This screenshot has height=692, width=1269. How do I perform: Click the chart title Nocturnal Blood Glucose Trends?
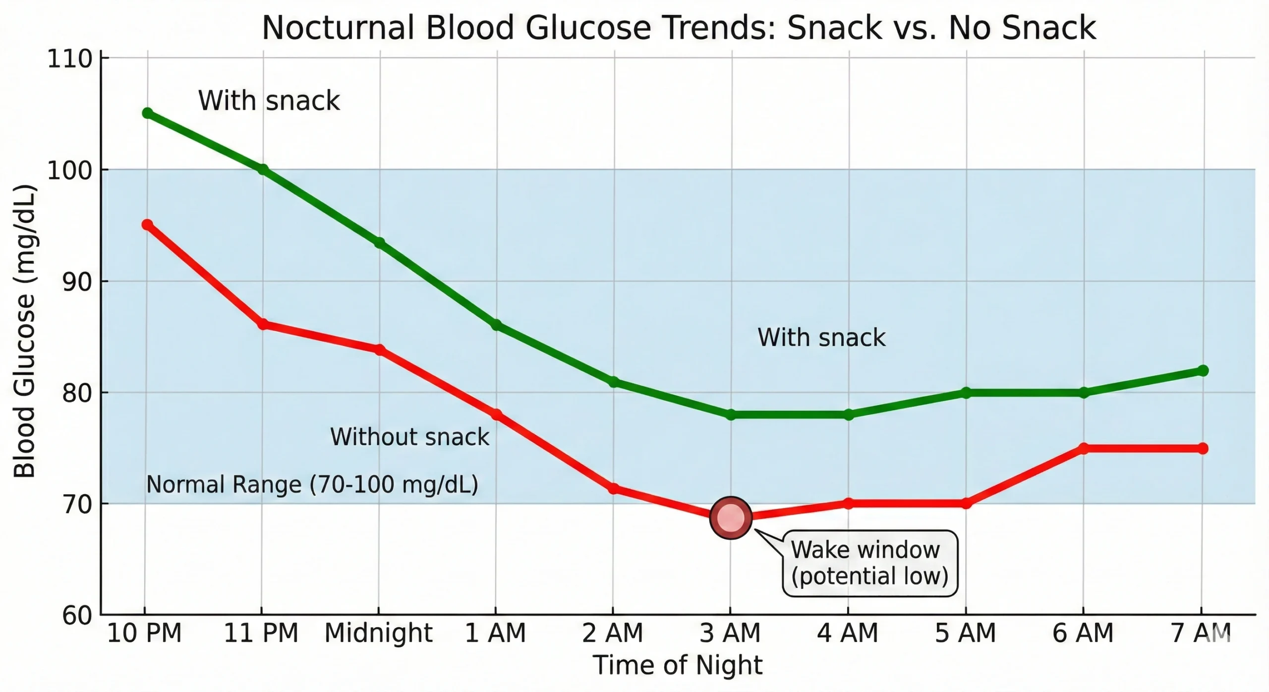click(x=678, y=28)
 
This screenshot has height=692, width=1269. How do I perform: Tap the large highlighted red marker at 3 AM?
click(x=731, y=518)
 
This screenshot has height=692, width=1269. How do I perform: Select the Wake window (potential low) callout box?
click(x=869, y=563)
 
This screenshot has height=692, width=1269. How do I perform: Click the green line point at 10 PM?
click(x=147, y=113)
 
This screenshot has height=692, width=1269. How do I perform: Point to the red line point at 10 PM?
click(x=147, y=225)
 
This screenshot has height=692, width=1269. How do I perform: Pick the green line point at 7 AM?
click(x=1203, y=371)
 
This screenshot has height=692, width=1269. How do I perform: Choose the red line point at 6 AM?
click(x=1084, y=448)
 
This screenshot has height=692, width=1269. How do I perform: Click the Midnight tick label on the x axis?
click(x=378, y=633)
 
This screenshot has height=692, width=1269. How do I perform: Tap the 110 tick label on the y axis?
click(x=70, y=59)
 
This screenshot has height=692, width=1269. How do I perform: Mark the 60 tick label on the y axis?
click(x=77, y=616)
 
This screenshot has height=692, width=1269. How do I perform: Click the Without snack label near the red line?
click(x=409, y=437)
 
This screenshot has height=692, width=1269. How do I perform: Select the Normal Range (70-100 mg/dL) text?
click(x=312, y=484)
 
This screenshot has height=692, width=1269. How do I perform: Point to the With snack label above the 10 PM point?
click(x=269, y=101)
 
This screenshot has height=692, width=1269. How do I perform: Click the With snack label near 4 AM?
click(x=821, y=338)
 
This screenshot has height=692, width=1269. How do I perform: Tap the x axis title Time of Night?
click(x=677, y=665)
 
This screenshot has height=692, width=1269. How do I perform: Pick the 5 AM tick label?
click(x=965, y=633)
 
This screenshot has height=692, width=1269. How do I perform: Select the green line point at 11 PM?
click(x=263, y=170)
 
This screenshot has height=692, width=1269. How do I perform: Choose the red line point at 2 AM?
click(x=613, y=489)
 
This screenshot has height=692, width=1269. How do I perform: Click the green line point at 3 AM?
click(x=731, y=414)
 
